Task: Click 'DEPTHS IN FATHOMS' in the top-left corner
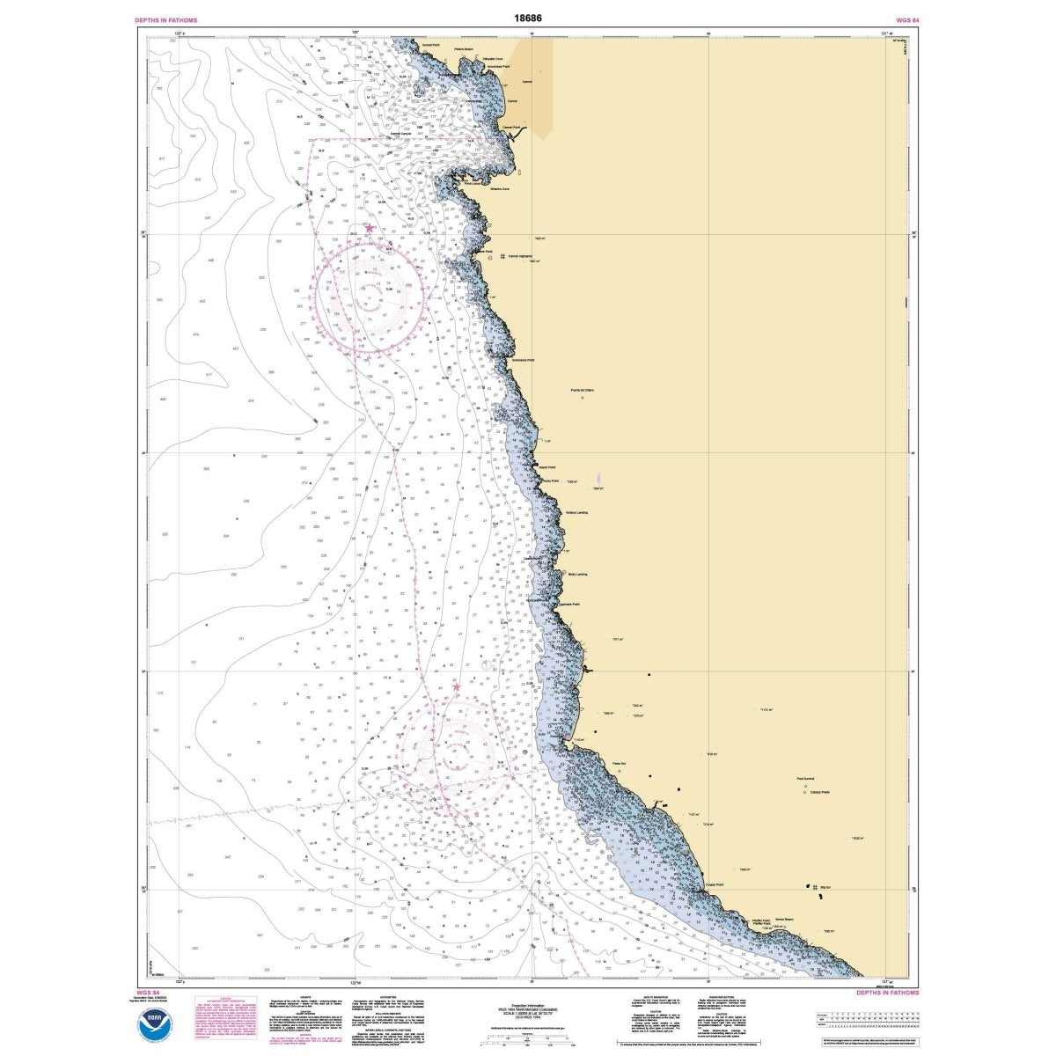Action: [165, 19]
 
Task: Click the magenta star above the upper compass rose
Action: [370, 228]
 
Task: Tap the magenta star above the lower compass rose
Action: [456, 687]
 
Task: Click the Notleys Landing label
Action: [576, 512]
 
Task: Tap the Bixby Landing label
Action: [576, 574]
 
